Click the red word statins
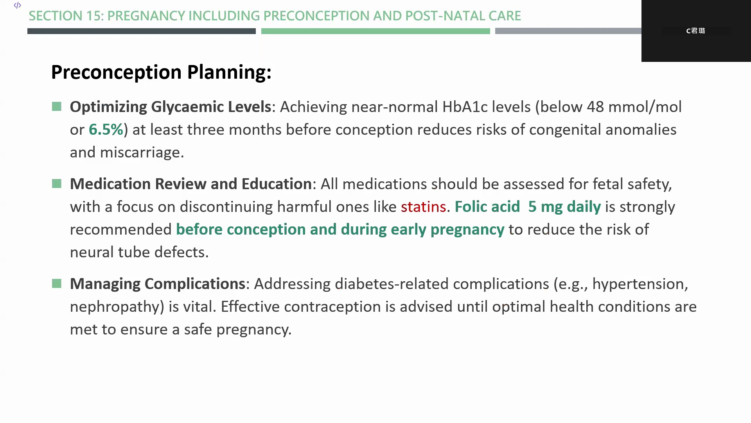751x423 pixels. [x=423, y=207]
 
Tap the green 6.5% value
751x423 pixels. [x=106, y=130]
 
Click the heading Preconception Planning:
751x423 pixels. [x=162, y=72]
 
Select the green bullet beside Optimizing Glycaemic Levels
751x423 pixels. [x=57, y=107]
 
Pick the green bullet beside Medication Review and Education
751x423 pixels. [x=57, y=184]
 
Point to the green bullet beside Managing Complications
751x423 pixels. [x=57, y=284]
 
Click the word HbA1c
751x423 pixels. [x=465, y=107]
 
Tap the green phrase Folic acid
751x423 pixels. [x=487, y=207]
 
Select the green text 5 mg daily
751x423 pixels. [x=564, y=207]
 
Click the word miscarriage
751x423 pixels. [x=142, y=152]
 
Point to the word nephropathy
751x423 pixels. [x=117, y=307]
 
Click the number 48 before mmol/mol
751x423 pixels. [x=595, y=107]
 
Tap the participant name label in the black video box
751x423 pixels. [x=695, y=31]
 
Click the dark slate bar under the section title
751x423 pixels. [x=142, y=31]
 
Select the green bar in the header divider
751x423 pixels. [x=375, y=31]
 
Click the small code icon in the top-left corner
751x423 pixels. [x=17, y=5]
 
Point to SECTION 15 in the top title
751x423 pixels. [x=66, y=16]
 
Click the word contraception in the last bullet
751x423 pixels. [x=332, y=307]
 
